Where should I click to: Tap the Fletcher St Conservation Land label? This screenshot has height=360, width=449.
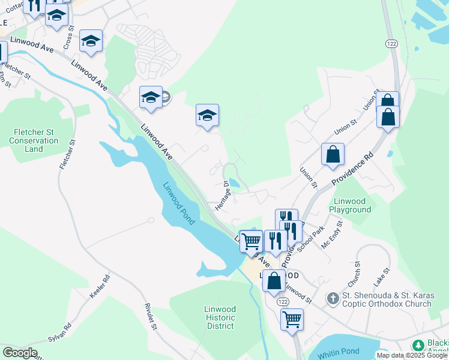pos(34,140)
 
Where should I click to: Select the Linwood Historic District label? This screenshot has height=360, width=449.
pos(220,317)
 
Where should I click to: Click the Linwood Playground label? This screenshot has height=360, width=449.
pos(350,205)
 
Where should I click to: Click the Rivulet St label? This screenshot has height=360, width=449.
pos(150,318)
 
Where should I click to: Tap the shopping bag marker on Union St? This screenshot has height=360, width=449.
pos(333,154)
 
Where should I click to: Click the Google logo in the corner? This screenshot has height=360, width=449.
pos(19,353)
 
